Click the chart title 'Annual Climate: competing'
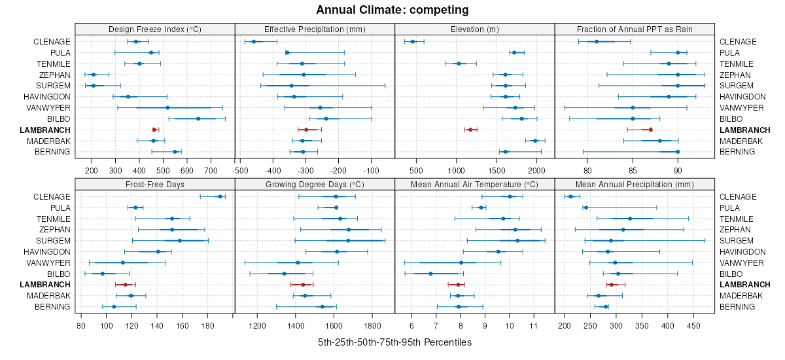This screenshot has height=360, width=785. point(392,10)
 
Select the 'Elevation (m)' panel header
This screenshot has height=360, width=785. point(475,29)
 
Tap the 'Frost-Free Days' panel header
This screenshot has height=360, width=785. point(154,184)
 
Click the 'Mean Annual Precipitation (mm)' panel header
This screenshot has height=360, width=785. point(634,184)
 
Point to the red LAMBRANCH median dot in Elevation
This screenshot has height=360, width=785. point(470,130)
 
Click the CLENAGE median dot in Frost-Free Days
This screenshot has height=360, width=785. point(220,196)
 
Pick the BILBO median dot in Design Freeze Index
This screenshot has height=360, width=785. point(198,118)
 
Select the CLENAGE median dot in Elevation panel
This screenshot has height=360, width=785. point(413,42)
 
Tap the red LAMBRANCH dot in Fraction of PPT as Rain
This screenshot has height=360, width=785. point(650,130)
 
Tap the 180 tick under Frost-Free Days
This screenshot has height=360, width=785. point(207,325)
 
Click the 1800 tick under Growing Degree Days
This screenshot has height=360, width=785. point(373,325)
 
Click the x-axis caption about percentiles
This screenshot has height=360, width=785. point(394,342)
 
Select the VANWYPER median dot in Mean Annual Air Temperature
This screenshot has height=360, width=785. point(461,262)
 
